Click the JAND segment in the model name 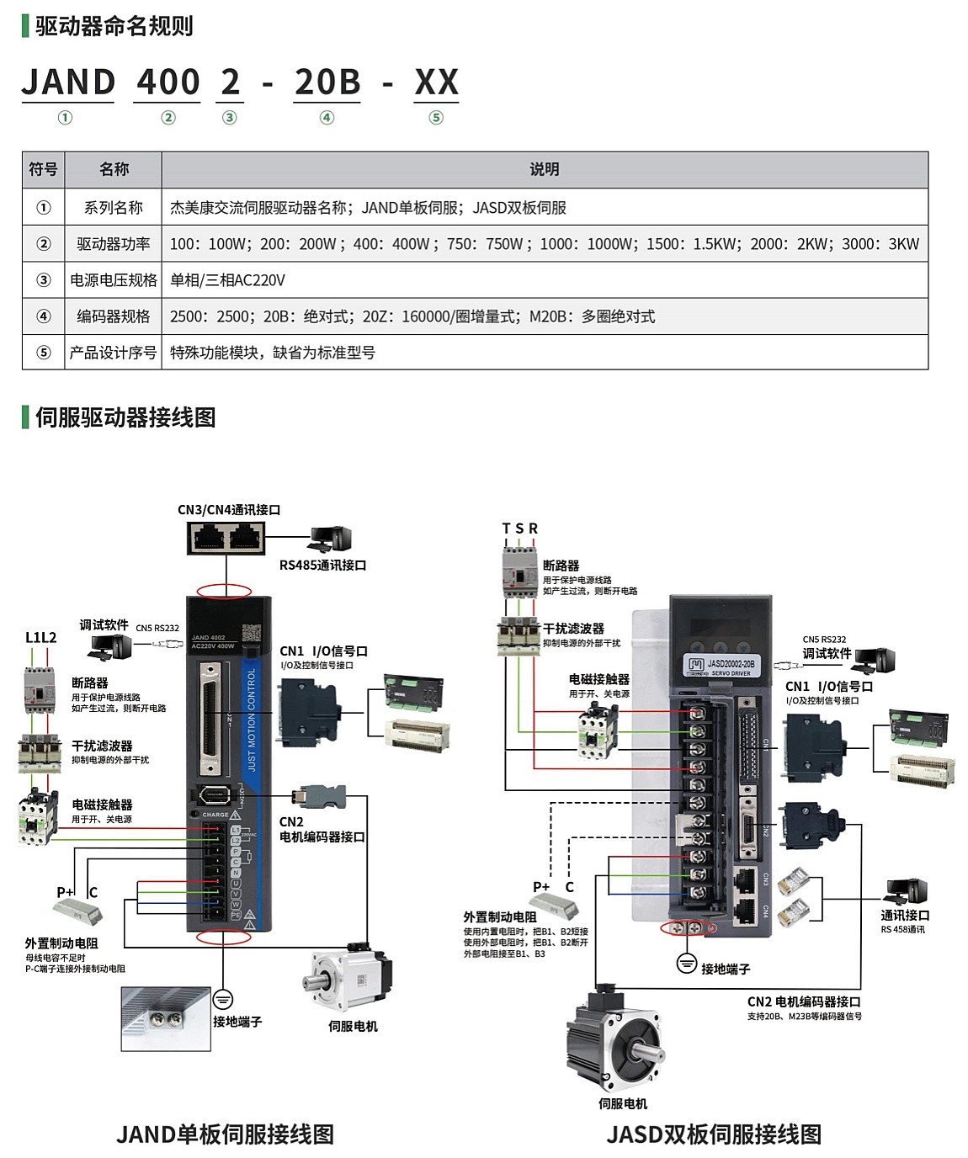(x=68, y=82)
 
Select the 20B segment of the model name (x=327, y=82)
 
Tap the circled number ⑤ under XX (x=436, y=118)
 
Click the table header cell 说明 (x=545, y=169)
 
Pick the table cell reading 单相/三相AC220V (x=228, y=280)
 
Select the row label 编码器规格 (x=114, y=316)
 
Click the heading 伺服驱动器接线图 (x=125, y=417)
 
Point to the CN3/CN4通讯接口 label (x=229, y=510)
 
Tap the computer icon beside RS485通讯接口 (x=330, y=539)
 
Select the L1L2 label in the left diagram (x=40, y=638)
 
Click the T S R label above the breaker (x=519, y=529)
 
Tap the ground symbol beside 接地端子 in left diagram (x=223, y=999)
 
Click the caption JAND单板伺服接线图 (x=225, y=1134)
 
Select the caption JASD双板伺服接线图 (x=714, y=1134)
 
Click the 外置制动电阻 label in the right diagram (x=500, y=917)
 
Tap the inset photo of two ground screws (x=165, y=1019)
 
